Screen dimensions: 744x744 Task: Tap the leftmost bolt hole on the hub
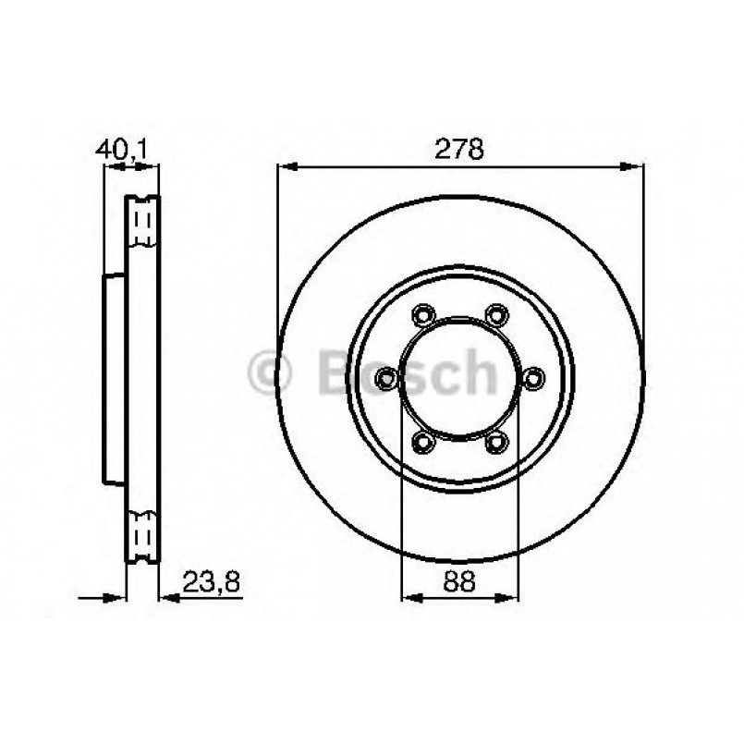(386, 377)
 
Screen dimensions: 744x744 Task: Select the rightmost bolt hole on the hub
(534, 377)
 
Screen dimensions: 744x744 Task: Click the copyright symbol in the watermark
(271, 373)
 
